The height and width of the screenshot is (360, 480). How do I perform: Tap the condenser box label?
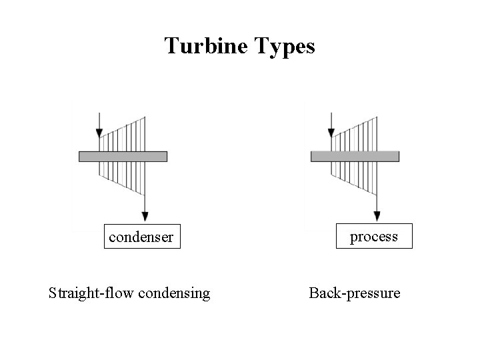(141, 237)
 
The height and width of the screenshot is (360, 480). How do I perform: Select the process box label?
(374, 236)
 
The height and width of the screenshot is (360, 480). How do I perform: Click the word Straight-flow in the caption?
(90, 293)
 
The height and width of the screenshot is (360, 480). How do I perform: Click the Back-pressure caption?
(355, 293)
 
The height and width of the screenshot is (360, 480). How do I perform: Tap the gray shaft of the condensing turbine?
(123, 157)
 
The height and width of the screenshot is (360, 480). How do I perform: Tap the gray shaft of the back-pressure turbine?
(355, 157)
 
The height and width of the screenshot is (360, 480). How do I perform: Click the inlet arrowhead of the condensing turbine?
(99, 133)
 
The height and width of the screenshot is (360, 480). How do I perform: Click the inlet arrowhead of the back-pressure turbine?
(331, 133)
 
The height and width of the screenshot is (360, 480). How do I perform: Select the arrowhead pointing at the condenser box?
(145, 215)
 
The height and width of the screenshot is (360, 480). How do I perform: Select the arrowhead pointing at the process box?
(377, 215)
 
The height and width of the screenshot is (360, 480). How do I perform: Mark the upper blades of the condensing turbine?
(123, 137)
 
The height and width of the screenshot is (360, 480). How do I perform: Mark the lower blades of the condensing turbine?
(123, 175)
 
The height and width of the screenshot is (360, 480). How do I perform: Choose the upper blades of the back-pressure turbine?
(355, 137)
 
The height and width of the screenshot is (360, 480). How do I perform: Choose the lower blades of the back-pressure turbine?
(355, 175)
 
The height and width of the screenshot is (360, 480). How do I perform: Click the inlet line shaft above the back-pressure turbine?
(331, 120)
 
